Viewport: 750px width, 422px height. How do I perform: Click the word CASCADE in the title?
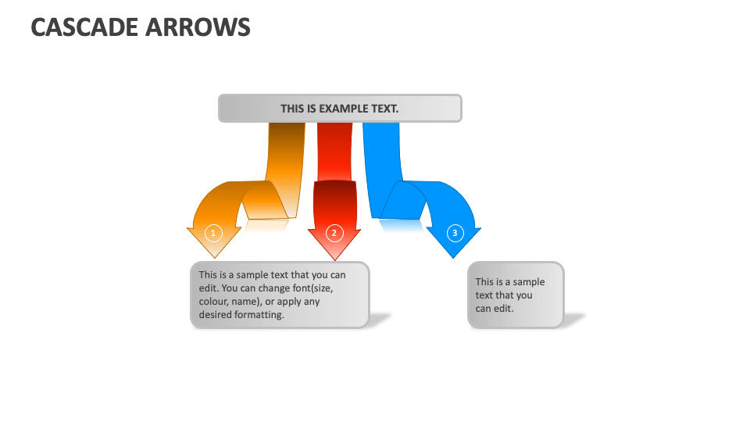tap(84, 27)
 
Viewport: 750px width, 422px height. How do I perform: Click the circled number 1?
tap(212, 232)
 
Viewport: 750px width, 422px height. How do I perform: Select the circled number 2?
tap(334, 232)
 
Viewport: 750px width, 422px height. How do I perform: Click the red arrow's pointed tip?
tap(334, 259)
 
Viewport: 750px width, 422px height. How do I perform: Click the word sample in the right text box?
tap(529, 282)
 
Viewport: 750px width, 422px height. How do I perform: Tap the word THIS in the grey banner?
tap(293, 109)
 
